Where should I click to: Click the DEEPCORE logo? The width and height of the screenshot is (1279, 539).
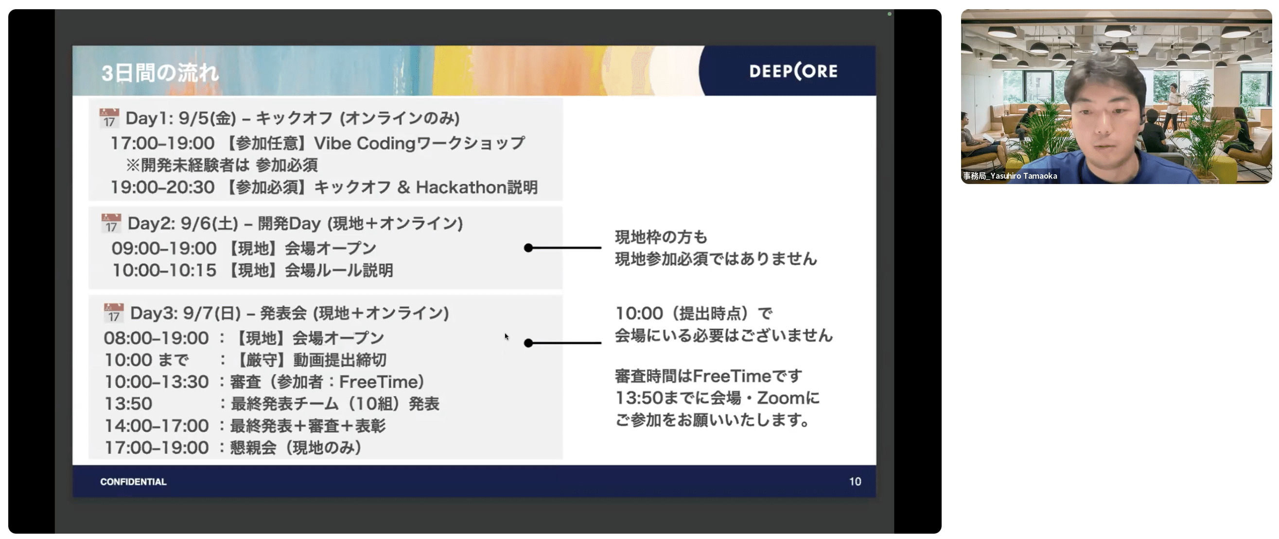tap(793, 71)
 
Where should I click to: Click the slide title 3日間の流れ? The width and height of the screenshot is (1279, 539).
tap(160, 73)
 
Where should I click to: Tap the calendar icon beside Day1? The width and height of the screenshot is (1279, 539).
tap(109, 118)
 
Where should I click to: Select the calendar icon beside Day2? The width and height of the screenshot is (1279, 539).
tap(111, 224)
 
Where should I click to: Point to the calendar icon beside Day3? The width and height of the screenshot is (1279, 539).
tap(114, 313)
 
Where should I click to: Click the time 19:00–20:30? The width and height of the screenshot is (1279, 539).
tap(162, 187)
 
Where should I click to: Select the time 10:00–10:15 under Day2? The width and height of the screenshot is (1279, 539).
tap(164, 270)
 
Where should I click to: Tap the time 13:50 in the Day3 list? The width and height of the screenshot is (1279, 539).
tap(128, 404)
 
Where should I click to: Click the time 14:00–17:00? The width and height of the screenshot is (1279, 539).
tap(157, 425)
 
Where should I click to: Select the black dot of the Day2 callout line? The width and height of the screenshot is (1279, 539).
tap(528, 248)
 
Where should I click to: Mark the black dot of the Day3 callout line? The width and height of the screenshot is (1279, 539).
tap(528, 343)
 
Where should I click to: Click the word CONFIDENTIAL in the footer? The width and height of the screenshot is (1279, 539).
tap(133, 482)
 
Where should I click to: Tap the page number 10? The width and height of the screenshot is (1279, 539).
tap(855, 482)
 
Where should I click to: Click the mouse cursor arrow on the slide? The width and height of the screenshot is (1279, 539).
tap(506, 336)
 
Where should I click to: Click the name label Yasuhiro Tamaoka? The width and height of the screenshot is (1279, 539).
tap(1023, 176)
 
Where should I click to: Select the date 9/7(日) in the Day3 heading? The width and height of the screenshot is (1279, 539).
tap(211, 313)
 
